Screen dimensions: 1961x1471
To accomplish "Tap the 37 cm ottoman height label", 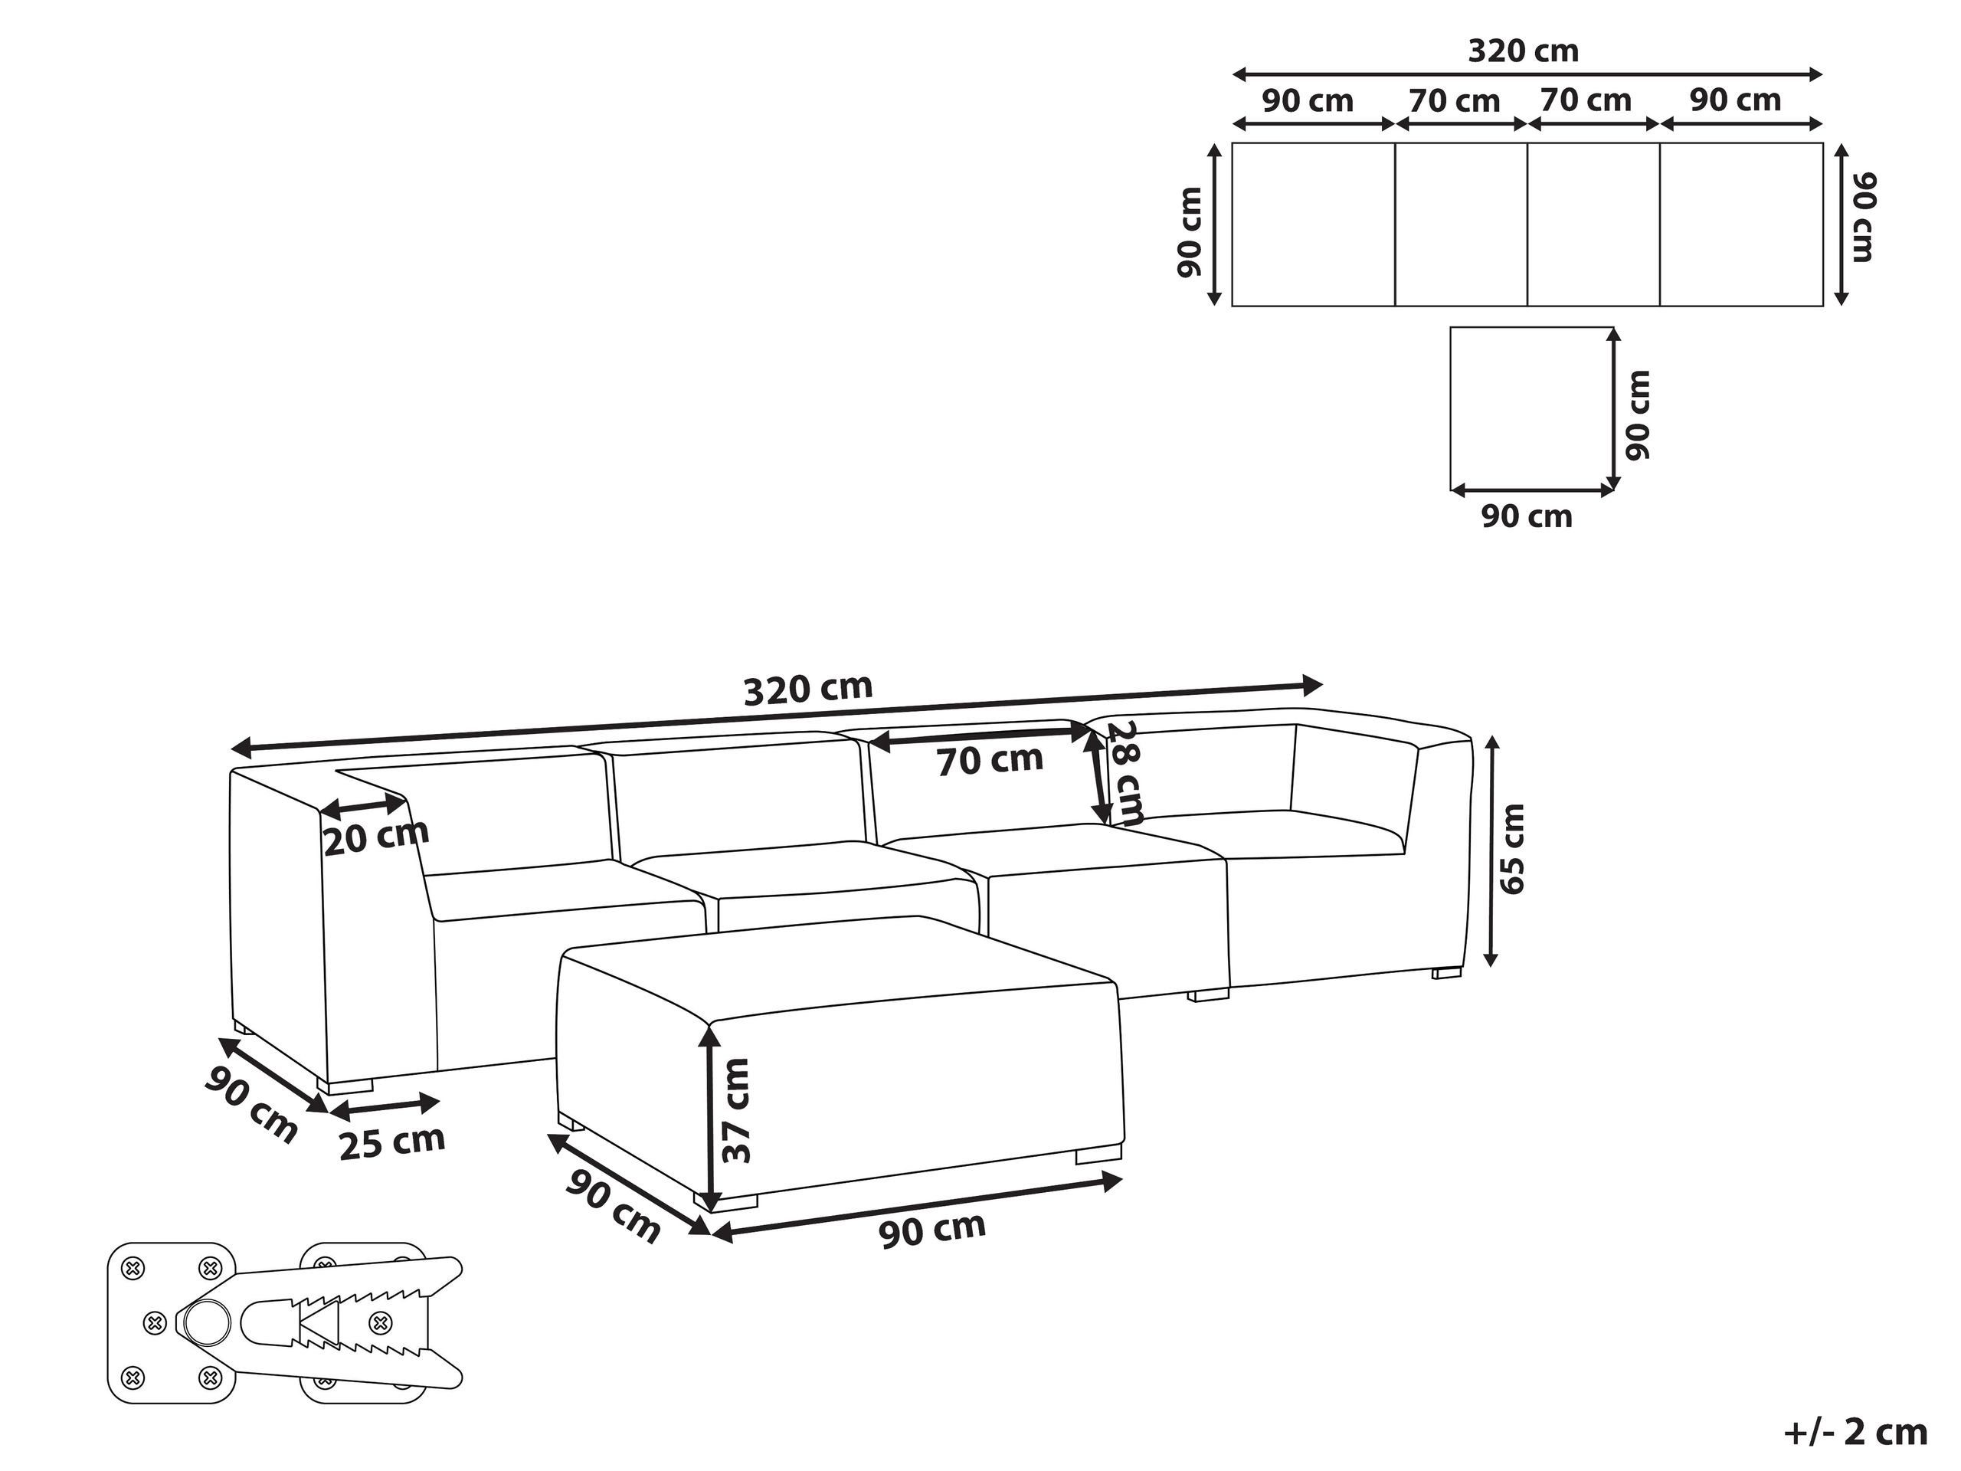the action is point(736,1110).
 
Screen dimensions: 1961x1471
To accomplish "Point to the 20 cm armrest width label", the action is point(376,836).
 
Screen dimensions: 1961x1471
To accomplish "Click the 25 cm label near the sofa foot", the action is point(392,1142).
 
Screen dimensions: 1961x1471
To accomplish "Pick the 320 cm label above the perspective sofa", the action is point(807,689).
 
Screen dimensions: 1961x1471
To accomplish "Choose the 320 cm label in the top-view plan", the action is point(1523,51).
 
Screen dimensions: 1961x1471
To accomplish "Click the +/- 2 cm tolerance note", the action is point(1855,1432).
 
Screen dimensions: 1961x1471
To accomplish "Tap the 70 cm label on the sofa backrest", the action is point(990,761).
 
